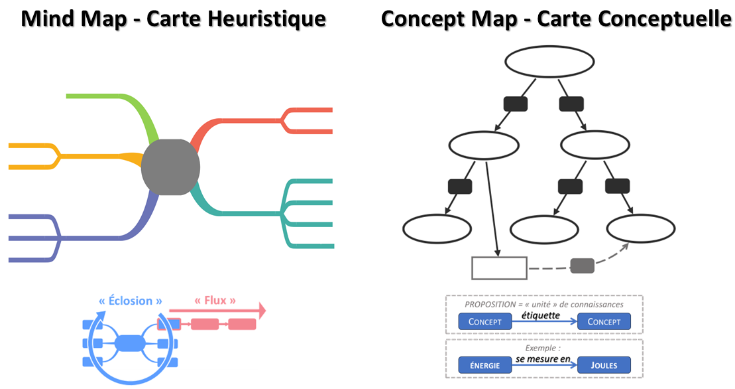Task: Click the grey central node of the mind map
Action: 170,167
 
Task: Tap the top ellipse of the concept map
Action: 550,62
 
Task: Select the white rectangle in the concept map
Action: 499,268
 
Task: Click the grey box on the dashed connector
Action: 582,266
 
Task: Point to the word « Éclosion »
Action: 131,301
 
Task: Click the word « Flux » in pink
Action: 215,301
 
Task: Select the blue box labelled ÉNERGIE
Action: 485,364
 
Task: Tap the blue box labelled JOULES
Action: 604,364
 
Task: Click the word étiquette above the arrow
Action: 541,315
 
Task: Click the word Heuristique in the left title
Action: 270,19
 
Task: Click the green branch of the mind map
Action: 126,100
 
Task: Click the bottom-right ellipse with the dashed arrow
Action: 641,229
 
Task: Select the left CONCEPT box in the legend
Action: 485,322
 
